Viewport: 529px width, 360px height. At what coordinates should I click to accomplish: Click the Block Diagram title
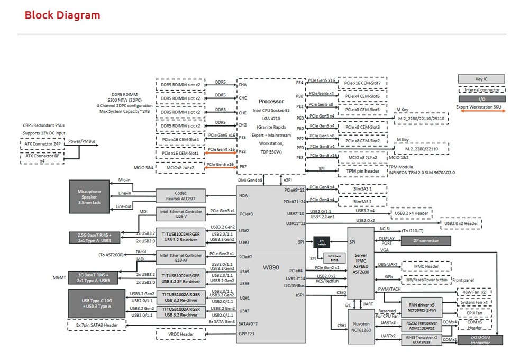click(x=62, y=15)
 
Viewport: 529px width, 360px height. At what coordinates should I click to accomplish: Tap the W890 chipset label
click(x=271, y=267)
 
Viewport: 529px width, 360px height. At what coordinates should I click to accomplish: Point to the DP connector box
click(x=425, y=240)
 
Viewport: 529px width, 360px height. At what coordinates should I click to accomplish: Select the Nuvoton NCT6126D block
click(x=362, y=326)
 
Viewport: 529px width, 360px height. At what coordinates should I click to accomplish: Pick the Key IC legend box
click(x=481, y=79)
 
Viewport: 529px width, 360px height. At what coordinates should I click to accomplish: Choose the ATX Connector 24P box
click(x=42, y=143)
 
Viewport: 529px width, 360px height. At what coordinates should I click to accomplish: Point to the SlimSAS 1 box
click(x=362, y=189)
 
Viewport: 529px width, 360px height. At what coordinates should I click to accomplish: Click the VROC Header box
click(x=180, y=335)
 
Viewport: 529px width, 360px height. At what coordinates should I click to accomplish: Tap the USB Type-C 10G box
click(x=96, y=302)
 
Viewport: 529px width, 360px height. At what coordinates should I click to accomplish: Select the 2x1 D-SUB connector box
click(x=480, y=340)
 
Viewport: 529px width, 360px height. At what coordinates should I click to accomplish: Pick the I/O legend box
click(x=481, y=98)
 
